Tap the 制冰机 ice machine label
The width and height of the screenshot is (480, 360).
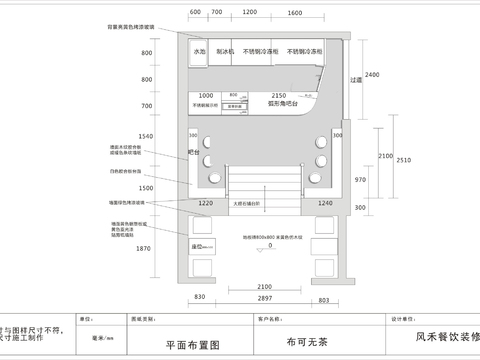point(226,51)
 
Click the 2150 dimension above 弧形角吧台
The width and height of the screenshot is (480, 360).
point(279,94)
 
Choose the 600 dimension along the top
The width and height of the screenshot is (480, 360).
point(195,12)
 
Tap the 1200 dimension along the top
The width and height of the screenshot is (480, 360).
point(246,12)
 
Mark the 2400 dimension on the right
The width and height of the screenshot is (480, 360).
point(372,76)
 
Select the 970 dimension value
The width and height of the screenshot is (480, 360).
point(361,179)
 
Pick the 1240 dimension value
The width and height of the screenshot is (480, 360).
point(325,203)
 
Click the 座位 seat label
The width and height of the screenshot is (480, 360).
point(198,245)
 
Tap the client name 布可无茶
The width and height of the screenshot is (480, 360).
point(307,341)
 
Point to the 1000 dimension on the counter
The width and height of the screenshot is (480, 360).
point(206,94)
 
